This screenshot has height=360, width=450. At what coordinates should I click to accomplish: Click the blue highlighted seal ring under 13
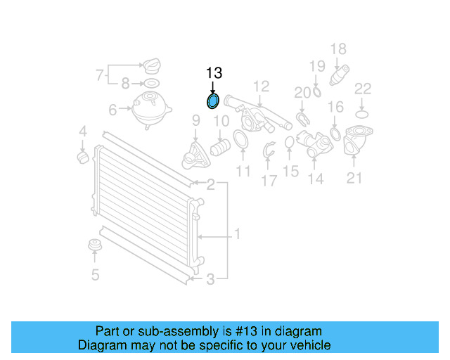pos(213,102)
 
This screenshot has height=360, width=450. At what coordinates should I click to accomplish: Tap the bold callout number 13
pos(214,73)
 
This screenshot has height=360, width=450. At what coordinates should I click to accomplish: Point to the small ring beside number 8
pos(150,84)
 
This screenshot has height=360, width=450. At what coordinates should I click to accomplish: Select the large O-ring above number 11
pos(240,141)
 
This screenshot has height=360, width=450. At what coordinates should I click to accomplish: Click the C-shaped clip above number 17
pos(269,150)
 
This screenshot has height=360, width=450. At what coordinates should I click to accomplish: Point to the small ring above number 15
pos(290,144)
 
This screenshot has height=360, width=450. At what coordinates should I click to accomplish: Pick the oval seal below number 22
pos(361,112)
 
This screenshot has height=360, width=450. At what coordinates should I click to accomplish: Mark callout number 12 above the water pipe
pos(261,86)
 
